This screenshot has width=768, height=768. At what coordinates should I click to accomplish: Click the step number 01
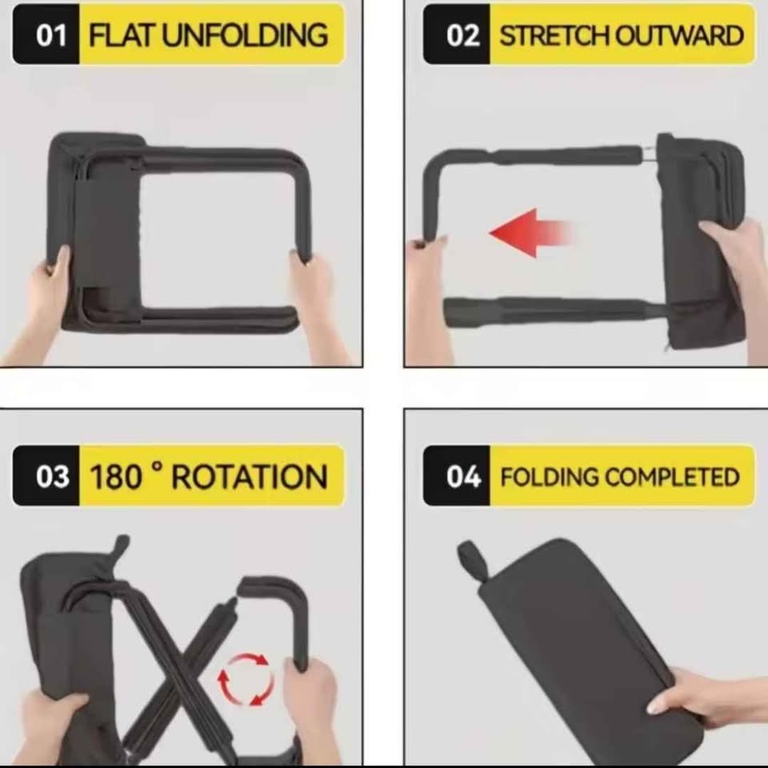51,35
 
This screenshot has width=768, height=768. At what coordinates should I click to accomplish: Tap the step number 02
462,35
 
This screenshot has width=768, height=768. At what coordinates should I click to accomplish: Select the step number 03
52,477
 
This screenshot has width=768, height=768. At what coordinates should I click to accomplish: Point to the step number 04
463,477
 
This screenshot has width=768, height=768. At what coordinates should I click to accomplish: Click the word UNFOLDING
245,35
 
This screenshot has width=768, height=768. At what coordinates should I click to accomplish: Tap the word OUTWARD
679,35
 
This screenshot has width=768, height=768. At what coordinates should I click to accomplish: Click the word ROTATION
250,477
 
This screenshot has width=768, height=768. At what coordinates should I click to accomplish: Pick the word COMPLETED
673,477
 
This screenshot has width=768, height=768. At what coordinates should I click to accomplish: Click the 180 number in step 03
116,477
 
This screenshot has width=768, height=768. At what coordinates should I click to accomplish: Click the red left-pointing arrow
531,233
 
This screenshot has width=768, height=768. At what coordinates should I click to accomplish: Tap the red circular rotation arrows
246,679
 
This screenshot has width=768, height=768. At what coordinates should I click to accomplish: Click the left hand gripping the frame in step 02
427,294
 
